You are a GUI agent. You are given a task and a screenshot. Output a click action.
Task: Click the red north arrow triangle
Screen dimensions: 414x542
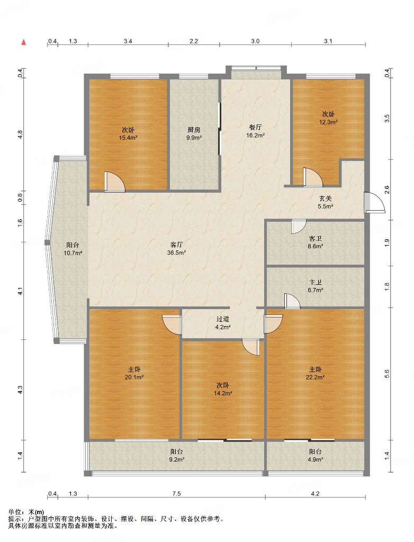24,42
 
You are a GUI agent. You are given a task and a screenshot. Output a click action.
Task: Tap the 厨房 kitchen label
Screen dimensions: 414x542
194,130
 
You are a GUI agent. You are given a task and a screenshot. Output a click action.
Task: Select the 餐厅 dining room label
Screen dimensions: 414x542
255,128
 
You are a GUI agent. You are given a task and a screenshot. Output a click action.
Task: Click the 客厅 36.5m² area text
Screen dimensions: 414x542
176,252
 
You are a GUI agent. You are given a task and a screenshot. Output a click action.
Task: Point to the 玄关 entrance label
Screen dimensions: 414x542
326,199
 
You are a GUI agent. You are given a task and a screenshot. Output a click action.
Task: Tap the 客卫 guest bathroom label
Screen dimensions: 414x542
316,239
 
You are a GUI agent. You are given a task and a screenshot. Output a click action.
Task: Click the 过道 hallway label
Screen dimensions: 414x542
223,319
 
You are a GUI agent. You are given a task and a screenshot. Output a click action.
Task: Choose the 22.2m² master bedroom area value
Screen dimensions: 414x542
315,377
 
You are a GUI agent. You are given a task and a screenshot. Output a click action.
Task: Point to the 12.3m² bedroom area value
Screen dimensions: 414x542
328,122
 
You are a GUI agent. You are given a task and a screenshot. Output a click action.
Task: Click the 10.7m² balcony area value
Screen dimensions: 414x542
73,253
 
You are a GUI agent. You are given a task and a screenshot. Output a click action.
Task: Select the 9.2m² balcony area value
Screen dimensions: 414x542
176,460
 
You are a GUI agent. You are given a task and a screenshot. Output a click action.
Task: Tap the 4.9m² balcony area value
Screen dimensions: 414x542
316,460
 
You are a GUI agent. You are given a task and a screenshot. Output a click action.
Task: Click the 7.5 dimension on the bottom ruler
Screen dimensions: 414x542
176,494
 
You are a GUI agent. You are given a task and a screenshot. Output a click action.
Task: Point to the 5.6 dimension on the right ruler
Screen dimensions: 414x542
387,374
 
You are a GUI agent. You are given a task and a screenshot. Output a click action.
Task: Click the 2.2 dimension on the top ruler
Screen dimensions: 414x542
194,41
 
